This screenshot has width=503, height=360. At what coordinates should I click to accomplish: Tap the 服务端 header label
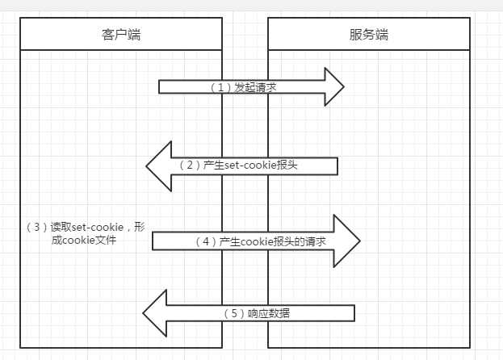point(369,35)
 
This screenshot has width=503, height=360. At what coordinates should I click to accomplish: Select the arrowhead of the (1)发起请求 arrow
point(333,87)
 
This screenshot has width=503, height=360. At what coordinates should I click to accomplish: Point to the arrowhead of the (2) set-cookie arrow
point(158,165)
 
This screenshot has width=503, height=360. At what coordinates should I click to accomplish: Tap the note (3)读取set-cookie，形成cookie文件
point(85,233)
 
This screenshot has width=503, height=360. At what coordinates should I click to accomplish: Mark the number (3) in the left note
point(38,227)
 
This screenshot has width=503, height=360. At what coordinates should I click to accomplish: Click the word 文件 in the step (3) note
point(106,240)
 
